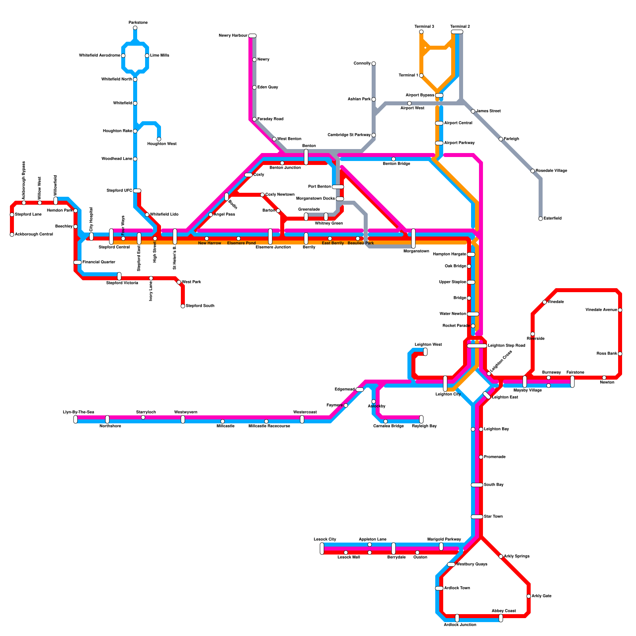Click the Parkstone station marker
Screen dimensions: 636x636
click(135, 28)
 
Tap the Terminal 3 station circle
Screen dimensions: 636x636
click(421, 32)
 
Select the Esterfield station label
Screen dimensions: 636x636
click(553, 219)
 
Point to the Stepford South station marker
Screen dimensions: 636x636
click(183, 306)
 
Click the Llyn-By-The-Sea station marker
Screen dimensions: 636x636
click(76, 419)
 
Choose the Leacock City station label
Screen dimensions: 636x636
click(325, 539)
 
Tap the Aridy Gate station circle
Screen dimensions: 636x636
click(529, 596)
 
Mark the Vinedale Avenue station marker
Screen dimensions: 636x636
click(620, 310)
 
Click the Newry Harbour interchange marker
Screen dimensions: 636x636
click(252, 36)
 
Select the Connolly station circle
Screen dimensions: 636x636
click(374, 64)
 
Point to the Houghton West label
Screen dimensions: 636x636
click(162, 144)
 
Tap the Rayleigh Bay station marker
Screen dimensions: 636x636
click(421, 419)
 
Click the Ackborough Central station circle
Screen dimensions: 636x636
click(12, 235)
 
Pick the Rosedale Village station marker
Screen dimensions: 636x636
click(533, 171)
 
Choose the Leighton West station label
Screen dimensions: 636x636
click(428, 345)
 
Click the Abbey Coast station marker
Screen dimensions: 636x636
click(501, 618)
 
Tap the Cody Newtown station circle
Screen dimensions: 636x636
click(262, 195)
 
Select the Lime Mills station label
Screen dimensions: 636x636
click(159, 56)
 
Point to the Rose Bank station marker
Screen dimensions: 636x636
click(620, 354)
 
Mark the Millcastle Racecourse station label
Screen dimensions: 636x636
click(269, 426)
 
